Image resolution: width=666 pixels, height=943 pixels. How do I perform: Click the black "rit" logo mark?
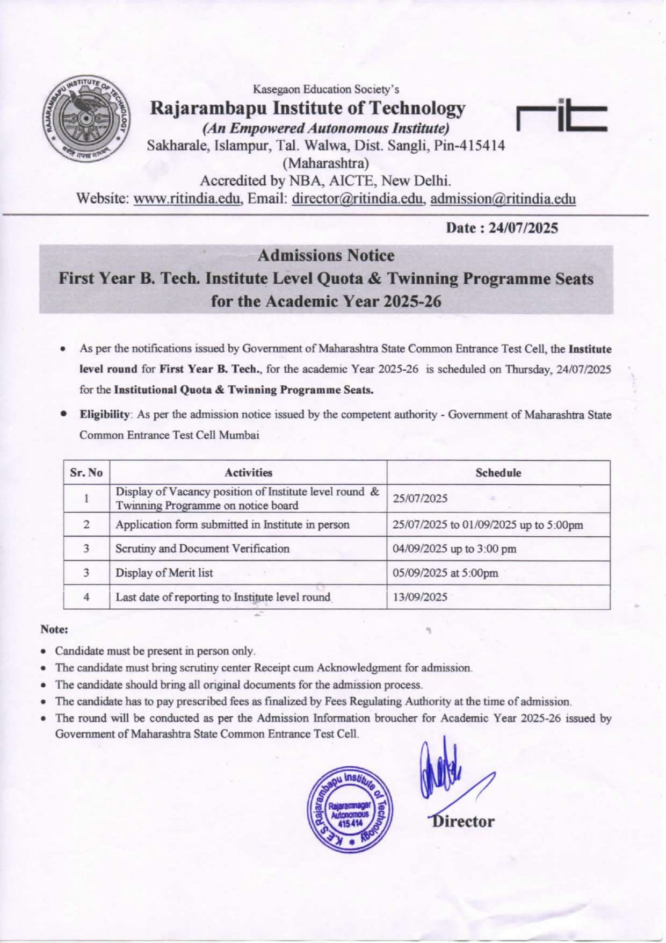[x=561, y=116]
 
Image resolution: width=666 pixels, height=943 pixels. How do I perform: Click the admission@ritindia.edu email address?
[x=503, y=199]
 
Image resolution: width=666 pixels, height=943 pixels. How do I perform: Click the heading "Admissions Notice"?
[x=325, y=256]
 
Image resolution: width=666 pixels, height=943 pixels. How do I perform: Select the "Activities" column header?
[x=248, y=473]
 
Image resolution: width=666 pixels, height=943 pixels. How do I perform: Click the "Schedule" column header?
[x=498, y=473]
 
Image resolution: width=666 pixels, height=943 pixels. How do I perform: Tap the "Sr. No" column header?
[x=86, y=473]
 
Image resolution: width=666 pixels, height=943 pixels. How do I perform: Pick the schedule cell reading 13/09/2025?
[x=420, y=597]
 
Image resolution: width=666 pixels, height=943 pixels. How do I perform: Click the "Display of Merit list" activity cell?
[x=164, y=573]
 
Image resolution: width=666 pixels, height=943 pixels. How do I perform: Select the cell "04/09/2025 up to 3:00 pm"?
[x=454, y=549]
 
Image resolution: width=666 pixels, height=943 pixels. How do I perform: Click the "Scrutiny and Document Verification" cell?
[x=202, y=549]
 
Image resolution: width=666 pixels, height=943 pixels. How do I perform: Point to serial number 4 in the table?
[x=86, y=597]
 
